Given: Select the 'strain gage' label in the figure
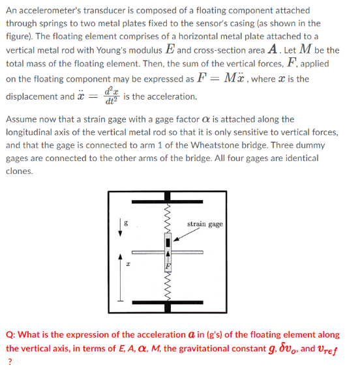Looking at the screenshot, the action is pos(205,224).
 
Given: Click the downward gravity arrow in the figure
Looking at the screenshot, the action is pos(119,227).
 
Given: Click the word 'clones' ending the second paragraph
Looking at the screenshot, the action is pos(19,171).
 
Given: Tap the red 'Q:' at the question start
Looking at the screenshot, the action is pos(11,334).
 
